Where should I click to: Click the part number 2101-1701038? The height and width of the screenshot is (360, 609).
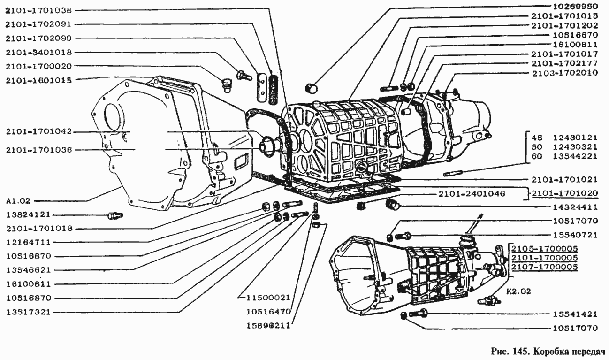tap(39, 11)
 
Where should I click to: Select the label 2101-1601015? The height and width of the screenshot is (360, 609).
tap(39, 80)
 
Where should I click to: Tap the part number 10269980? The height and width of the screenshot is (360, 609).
tap(575, 6)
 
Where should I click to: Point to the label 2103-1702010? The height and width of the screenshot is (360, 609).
tap(565, 73)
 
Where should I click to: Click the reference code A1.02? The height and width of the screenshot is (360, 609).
tap(18, 201)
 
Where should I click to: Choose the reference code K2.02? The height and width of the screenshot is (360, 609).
tap(519, 291)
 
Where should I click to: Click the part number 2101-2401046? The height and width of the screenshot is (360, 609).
tap(472, 194)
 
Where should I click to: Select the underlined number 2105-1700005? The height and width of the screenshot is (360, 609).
tap(545, 249)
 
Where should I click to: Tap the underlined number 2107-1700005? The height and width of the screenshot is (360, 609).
tap(545, 267)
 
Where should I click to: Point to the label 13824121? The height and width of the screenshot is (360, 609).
tap(29, 215)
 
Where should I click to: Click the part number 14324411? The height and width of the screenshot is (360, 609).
tap(575, 207)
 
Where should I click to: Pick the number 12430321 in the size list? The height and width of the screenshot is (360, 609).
tap(575, 147)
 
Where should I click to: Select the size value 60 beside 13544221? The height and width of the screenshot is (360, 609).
tap(537, 157)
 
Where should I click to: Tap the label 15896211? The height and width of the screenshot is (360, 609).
tap(269, 326)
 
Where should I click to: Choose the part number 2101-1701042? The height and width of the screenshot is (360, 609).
tap(39, 131)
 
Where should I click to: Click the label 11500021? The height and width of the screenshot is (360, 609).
tap(269, 298)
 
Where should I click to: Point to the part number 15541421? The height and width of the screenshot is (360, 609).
tap(575, 314)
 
